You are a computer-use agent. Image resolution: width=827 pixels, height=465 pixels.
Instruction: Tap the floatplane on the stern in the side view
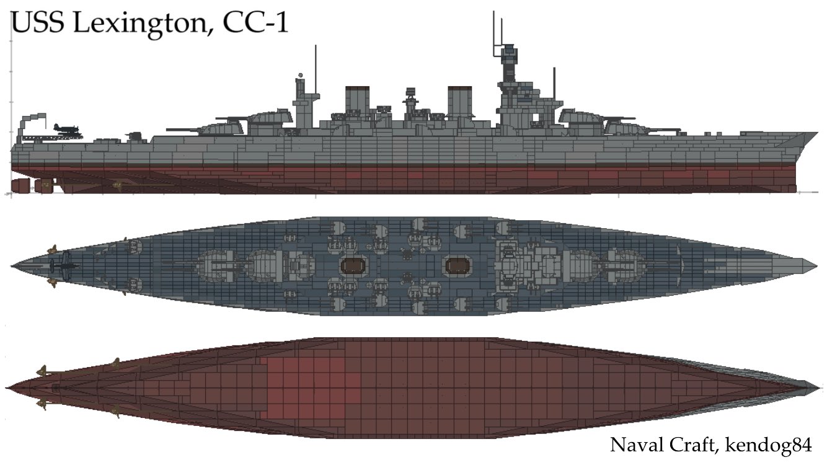click(64, 128)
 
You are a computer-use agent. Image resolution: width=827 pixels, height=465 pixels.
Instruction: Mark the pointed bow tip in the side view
click(817, 133)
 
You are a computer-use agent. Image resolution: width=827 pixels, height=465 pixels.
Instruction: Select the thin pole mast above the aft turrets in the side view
click(316, 68)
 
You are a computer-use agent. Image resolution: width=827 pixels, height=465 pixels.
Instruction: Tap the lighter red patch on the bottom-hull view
click(307, 387)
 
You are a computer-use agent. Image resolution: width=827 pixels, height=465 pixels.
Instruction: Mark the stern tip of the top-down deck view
click(12, 265)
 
